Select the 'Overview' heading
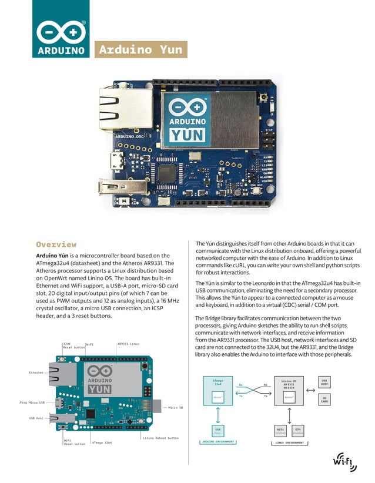coord(56,244)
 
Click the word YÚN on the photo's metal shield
coord(187,136)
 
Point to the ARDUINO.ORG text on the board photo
coord(129,136)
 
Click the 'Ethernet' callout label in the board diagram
coord(37,373)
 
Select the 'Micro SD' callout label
coord(175,407)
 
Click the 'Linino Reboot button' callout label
coord(160,438)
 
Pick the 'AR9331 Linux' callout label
coord(128,344)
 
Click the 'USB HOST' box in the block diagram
coord(324,383)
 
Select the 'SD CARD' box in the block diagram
coord(324,400)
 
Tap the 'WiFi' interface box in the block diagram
coord(280,430)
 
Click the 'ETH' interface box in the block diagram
coord(297,430)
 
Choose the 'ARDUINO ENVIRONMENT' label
coord(217,442)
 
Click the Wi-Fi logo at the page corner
coord(344,462)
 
